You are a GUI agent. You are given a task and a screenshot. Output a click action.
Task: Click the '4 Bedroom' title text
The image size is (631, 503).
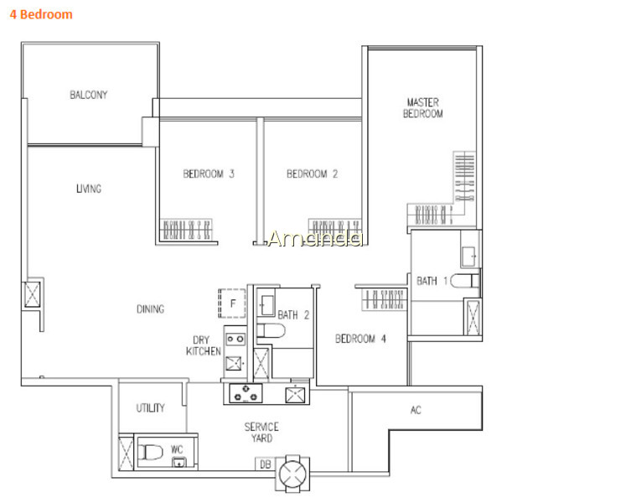tap(41, 14)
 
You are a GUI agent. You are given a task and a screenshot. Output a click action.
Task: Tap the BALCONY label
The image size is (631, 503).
tap(89, 95)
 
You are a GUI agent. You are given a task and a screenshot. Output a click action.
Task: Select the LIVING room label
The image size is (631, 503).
tap(89, 189)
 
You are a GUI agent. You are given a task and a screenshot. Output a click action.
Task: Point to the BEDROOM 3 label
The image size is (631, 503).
tap(209, 174)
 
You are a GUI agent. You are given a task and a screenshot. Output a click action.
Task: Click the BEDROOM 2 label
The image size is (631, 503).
tap(313, 174)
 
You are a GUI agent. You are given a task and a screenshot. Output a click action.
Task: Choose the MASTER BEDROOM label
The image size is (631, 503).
tap(423, 108)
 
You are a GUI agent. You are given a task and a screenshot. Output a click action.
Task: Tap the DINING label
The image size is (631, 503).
tap(151, 309)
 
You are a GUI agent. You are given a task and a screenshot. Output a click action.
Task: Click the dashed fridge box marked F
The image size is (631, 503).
tap(232, 303)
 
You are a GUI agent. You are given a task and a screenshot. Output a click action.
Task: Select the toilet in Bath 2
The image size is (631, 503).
tap(271, 330)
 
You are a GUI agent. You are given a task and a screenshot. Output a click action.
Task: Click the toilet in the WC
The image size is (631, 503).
tap(150, 452)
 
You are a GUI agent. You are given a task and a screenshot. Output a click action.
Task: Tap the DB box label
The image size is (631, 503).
tap(265, 464)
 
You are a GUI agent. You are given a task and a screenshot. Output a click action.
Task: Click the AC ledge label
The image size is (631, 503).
tap(416, 411)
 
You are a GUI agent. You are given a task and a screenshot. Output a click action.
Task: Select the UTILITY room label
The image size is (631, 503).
tap(151, 408)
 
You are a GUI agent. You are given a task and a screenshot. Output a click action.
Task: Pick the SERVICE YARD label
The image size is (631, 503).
tap(261, 433)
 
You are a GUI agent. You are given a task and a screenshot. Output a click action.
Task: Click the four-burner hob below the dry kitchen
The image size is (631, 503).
tap(246, 393)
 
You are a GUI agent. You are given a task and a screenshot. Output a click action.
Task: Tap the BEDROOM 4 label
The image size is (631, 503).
tap(360, 339)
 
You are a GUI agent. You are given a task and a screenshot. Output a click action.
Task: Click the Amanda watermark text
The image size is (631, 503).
tap(315, 238)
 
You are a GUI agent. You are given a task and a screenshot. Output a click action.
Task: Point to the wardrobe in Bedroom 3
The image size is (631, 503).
tap(186, 230)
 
